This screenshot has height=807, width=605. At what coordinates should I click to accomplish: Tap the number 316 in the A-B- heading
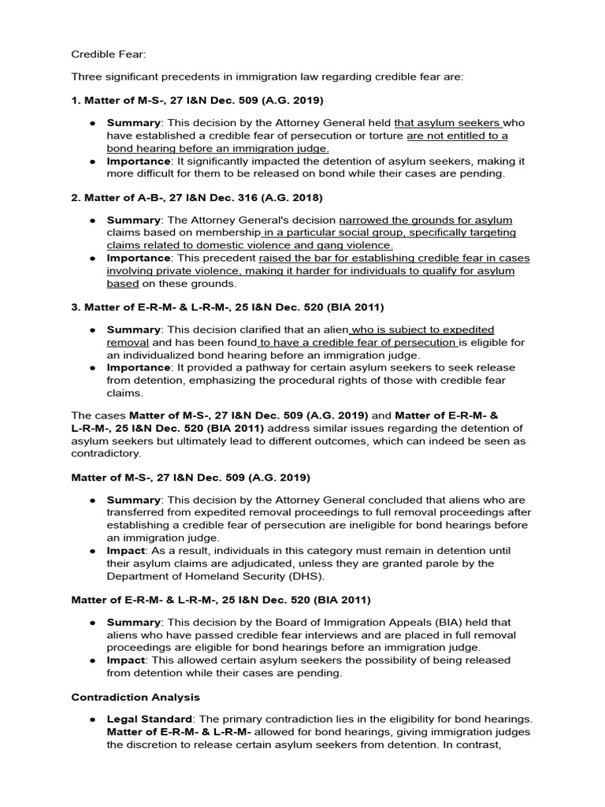pos(237,197)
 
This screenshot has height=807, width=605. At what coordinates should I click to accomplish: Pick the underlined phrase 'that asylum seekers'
pos(447,124)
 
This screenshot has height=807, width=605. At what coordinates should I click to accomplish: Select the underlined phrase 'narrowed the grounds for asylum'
pos(425,221)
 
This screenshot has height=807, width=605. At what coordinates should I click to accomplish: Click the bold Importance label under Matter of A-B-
pos(139,258)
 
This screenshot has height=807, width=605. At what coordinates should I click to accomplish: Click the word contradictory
pos(106,453)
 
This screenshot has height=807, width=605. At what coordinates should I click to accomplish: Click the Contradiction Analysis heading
pos(135,697)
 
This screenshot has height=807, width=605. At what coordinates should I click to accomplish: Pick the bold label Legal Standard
pos(149,720)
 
